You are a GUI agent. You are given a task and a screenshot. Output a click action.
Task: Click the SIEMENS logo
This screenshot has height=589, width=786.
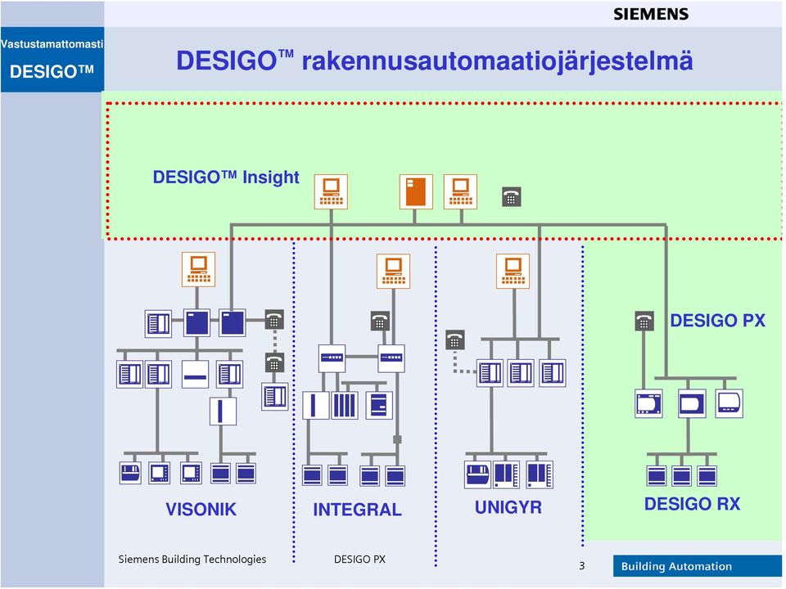pos(651,14)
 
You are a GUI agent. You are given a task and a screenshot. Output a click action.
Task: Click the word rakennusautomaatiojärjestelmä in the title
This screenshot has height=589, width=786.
pos(497,61)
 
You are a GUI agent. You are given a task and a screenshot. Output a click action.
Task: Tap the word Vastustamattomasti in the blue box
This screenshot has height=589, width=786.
pos(52,44)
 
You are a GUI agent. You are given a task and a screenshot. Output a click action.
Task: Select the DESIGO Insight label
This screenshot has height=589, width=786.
pos(226,178)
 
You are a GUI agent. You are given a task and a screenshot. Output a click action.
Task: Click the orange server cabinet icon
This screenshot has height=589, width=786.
pos(416,191)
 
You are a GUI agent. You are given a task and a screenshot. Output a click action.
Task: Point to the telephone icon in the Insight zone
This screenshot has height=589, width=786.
pos(511,197)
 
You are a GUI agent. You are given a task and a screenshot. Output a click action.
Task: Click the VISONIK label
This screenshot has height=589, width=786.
pos(201,510)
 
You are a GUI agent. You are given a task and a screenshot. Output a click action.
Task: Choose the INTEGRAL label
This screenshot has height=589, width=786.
pos(357,510)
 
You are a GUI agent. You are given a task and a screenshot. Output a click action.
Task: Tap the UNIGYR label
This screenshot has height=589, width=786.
pos(508,507)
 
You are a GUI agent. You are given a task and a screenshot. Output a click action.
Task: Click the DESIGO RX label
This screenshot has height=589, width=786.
pos(692,504)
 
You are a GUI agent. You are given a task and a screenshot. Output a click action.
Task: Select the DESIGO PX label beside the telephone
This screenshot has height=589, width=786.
pos(717,321)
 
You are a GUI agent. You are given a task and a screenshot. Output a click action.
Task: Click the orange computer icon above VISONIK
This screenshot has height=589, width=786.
pos(198,269)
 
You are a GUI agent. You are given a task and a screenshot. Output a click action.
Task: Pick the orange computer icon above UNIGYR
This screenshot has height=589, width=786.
pos(513,271)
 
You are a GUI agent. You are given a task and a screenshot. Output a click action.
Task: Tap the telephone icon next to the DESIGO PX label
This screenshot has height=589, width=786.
pos(644,321)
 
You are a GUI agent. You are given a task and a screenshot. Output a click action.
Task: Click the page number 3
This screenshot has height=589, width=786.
pos(581,566)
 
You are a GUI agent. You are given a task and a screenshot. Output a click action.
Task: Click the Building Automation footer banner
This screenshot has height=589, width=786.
pos(698,566)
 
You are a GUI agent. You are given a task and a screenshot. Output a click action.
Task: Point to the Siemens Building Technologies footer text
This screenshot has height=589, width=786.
pos(192,559)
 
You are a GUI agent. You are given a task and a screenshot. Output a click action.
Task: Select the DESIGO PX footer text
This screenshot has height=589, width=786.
pos(359,559)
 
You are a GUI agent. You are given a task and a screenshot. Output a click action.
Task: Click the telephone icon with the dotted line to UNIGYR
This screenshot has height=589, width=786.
pos(454,340)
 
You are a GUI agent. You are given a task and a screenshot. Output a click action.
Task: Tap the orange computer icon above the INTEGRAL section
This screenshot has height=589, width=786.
pos(394,272)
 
